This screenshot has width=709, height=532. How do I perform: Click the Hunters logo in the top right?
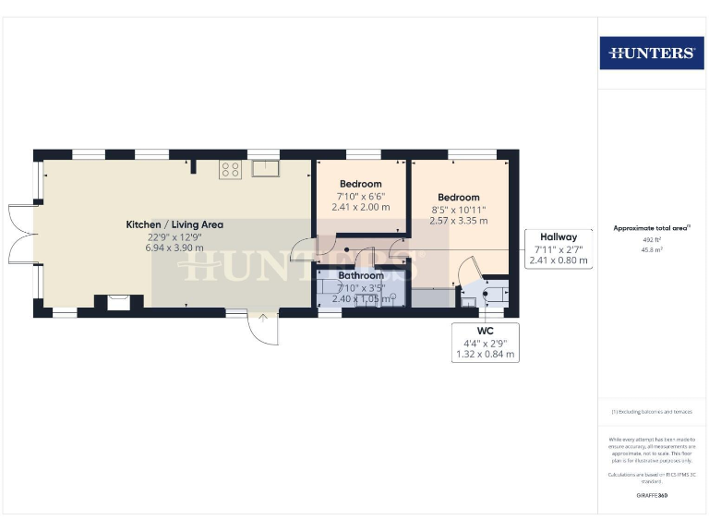pos(652,53)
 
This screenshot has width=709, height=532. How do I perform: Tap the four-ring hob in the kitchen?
pos(230,169)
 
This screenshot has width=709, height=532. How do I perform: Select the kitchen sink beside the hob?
pos(266,168)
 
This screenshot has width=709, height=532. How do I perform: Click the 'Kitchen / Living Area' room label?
pos(174,224)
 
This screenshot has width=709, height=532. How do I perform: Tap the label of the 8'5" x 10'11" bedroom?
pos(459,198)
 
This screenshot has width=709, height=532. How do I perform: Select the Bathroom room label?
pos(360,275)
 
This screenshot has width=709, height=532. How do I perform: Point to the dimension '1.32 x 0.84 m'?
pos(486,355)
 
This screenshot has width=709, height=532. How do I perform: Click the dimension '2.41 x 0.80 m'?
pos(559,261)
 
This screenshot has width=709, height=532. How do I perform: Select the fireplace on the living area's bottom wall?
pos(117,301)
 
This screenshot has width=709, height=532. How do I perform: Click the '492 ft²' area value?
pos(652,239)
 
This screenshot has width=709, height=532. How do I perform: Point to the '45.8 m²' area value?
pos(652,249)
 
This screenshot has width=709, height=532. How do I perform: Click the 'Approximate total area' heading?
pos(651,227)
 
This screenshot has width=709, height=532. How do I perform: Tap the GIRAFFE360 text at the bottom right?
pos(652,496)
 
